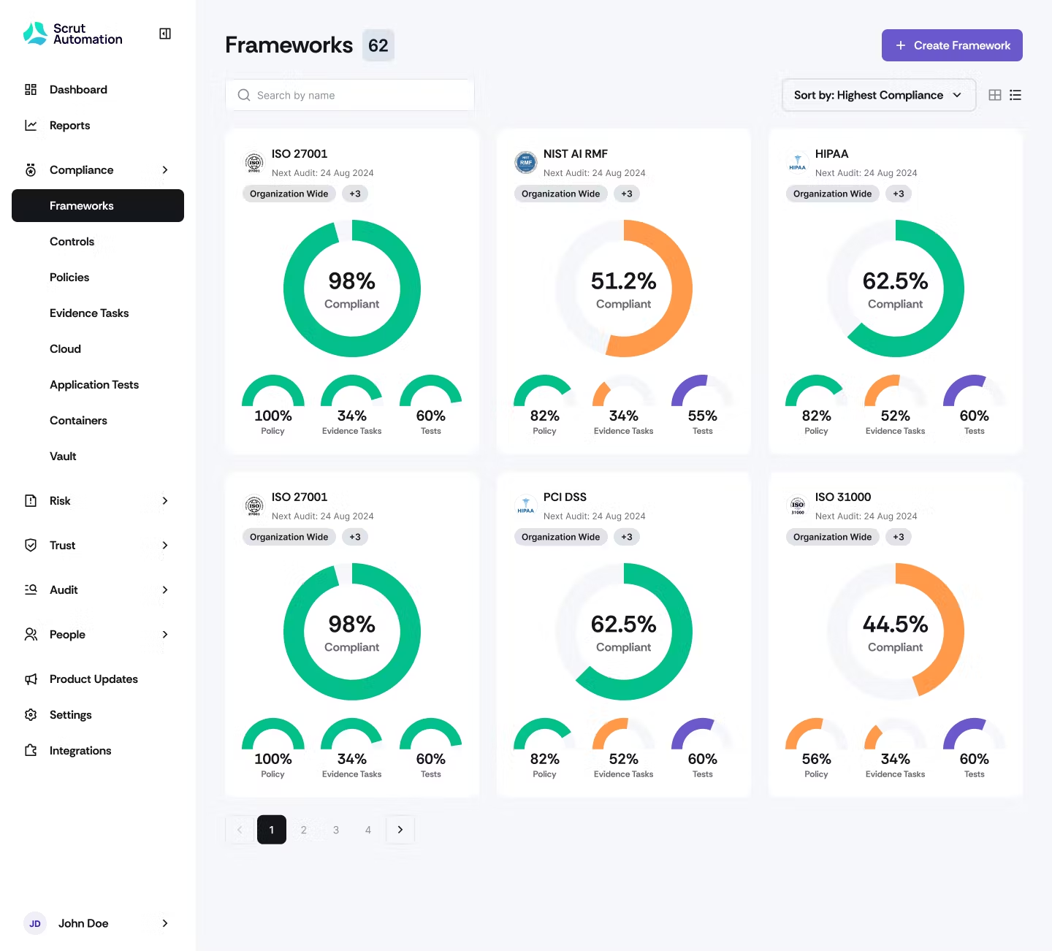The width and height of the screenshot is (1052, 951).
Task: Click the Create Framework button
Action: point(951,45)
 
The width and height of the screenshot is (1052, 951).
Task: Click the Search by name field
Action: point(350,95)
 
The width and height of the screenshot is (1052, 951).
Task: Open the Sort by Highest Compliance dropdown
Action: point(878,95)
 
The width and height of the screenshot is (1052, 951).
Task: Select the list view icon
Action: point(1015,95)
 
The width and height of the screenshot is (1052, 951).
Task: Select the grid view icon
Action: point(994,95)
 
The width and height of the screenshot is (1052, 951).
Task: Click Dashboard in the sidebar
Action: point(78,90)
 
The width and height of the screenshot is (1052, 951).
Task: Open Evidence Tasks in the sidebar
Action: point(89,313)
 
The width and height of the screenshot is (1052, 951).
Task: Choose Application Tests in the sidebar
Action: point(94,385)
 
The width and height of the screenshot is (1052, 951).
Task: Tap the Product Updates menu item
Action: point(94,679)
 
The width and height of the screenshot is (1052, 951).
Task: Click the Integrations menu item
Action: point(80,751)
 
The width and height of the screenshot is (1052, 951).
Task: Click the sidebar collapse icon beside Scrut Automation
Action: point(165,34)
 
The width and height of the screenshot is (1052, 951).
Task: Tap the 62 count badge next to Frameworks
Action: point(378,45)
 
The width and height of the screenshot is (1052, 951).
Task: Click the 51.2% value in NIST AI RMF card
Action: point(623,281)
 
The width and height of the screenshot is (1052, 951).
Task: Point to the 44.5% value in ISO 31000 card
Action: point(895,625)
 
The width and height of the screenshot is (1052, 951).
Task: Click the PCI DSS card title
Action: point(565,497)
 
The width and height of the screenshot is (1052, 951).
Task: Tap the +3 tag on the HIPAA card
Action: point(898,194)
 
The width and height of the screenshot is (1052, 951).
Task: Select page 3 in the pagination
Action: point(336,830)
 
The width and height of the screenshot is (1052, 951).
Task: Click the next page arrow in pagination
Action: point(400,830)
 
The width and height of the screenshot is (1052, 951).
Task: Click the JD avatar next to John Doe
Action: point(35,923)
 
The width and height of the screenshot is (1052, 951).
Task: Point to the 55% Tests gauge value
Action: point(702,416)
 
